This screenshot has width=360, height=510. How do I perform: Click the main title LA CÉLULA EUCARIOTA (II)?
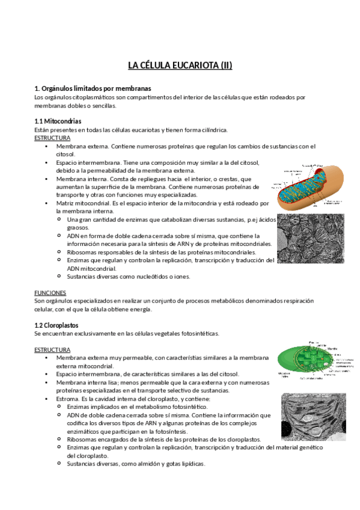(x=180, y=65)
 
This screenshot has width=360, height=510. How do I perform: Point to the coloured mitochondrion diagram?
(x=310, y=186)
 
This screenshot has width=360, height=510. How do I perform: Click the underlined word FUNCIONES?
(x=51, y=292)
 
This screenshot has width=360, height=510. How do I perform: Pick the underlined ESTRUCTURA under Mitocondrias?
(x=52, y=138)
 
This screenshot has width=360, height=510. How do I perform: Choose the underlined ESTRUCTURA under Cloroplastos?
(x=52, y=349)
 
